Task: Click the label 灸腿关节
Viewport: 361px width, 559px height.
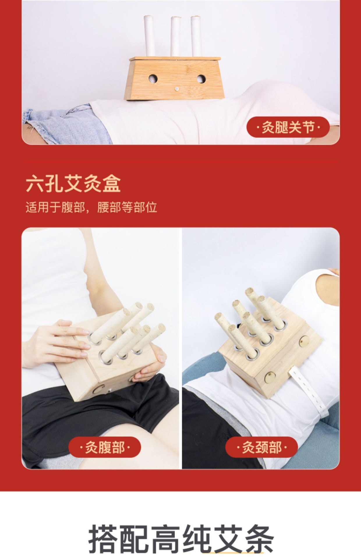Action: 288,127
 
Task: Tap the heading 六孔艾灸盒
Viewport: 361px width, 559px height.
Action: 73,184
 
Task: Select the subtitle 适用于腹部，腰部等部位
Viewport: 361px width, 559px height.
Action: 91,207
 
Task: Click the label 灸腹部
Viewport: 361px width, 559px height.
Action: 105,447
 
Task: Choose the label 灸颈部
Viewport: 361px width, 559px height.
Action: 261,447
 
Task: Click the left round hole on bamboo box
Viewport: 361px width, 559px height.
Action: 153,78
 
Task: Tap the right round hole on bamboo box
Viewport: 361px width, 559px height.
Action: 201,78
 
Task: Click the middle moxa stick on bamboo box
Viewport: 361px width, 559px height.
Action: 175,36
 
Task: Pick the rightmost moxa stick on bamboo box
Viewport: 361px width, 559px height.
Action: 196,36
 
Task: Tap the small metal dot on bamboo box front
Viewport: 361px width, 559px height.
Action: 177,89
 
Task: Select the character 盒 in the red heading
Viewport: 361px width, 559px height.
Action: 111,184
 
